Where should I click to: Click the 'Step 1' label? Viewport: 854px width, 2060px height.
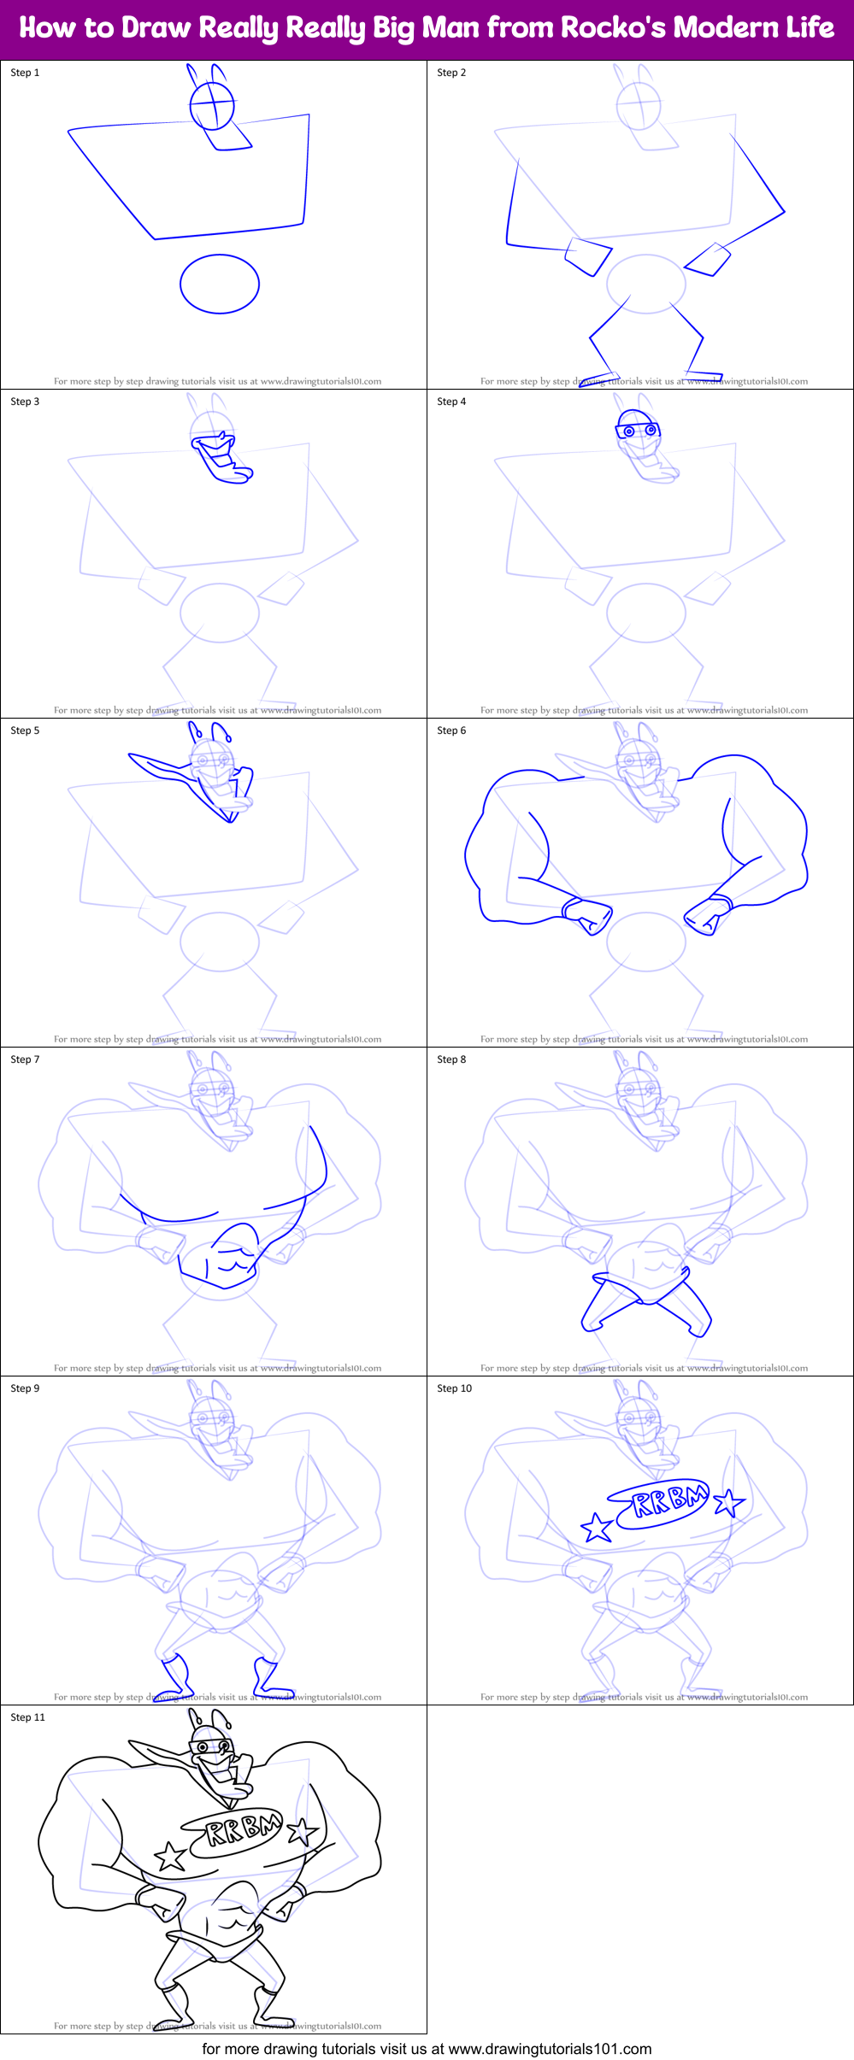point(25,73)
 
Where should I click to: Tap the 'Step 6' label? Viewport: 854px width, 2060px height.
point(451,731)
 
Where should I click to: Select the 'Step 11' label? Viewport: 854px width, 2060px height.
point(27,1717)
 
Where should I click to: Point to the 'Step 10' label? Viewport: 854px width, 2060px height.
point(454,1388)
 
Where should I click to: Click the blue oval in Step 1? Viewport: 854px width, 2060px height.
point(220,284)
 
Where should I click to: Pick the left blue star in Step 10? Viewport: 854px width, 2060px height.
point(597,1528)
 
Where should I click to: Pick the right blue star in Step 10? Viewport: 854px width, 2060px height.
point(728,1502)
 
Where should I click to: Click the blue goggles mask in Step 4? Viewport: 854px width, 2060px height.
point(638,430)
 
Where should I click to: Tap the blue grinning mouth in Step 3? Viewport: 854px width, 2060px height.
point(215,444)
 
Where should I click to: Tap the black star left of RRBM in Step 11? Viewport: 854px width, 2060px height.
point(170,1856)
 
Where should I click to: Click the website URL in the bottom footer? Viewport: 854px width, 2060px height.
point(550,2048)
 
